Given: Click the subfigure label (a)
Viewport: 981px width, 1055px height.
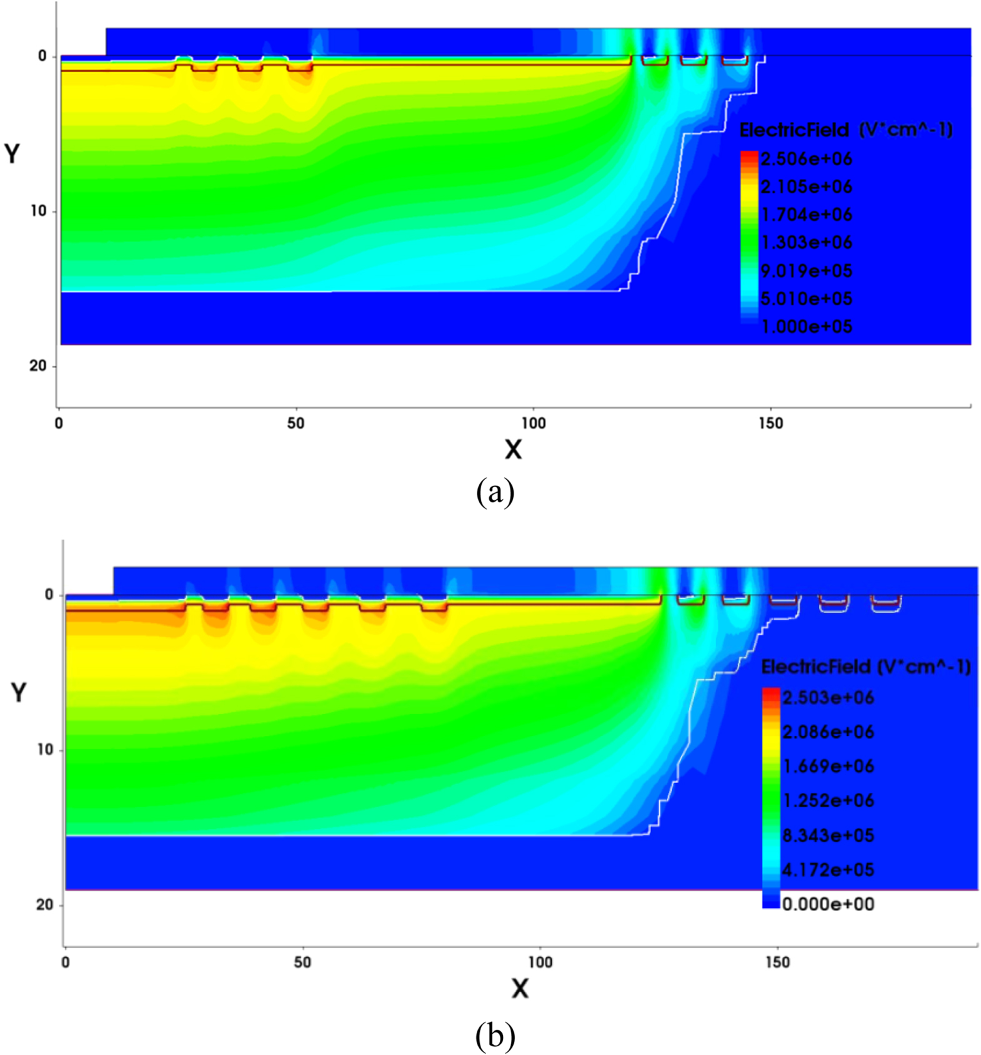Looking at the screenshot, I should coord(495,493).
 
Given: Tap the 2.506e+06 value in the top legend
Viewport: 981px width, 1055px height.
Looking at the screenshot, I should coord(806,159).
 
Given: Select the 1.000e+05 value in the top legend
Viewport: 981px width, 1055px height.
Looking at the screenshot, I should coord(806,326).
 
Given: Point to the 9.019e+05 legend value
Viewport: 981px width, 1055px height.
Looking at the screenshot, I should coord(806,271).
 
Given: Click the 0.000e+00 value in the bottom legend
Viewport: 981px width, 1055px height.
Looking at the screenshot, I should coord(828,904).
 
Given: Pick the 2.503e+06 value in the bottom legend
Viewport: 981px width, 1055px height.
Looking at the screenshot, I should coord(828,697).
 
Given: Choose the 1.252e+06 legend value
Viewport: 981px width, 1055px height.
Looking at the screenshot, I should coord(828,800).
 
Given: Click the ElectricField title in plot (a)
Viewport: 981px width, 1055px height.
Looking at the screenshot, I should coord(845,130).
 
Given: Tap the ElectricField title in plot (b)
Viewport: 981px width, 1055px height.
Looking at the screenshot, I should coord(865,667).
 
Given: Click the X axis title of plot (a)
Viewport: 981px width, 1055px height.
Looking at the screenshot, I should coord(513,449).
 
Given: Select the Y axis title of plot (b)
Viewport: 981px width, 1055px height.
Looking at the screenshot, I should coord(19,692).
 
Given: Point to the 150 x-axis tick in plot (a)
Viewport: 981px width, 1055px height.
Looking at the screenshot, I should coord(770,423).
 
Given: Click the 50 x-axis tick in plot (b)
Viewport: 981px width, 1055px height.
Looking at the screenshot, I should coord(302,962).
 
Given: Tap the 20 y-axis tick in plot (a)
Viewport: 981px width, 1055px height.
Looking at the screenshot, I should coord(38,366).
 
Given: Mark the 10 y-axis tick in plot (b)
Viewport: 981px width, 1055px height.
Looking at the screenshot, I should coord(45,749).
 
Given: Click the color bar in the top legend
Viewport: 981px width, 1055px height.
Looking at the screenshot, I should coord(749,238).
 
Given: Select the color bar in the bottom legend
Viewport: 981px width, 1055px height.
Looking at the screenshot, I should coord(771,797).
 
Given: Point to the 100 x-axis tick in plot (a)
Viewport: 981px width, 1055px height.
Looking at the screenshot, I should coord(533,423).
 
